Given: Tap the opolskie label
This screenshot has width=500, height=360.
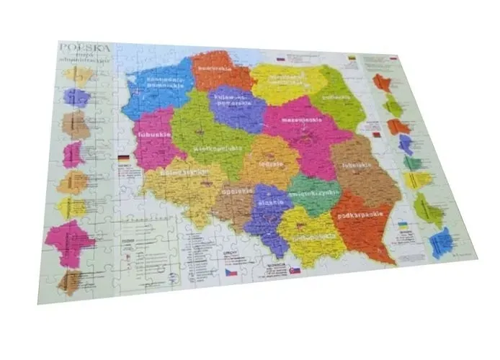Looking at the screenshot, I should pyautogui.click(x=238, y=191).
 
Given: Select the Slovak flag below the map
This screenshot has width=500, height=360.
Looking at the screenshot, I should pyautogui.click(x=295, y=269).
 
